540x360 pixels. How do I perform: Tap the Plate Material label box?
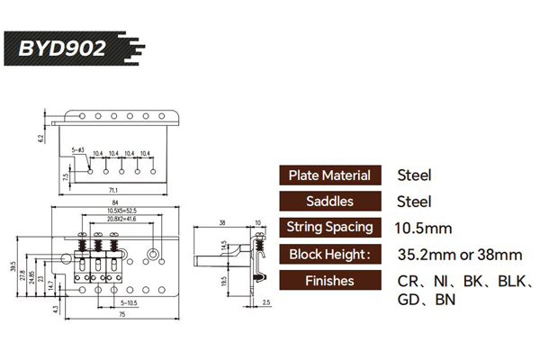[334, 175]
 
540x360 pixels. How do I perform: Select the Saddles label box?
[334, 202]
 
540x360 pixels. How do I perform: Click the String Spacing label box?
[334, 228]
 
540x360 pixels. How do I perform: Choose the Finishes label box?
[334, 281]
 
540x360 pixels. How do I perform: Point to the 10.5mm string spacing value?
[424, 228]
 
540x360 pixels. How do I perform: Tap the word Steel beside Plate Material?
[415, 175]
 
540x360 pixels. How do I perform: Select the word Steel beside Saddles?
[415, 202]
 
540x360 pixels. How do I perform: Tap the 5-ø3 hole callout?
[77, 148]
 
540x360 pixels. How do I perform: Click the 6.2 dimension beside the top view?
[40, 138]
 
